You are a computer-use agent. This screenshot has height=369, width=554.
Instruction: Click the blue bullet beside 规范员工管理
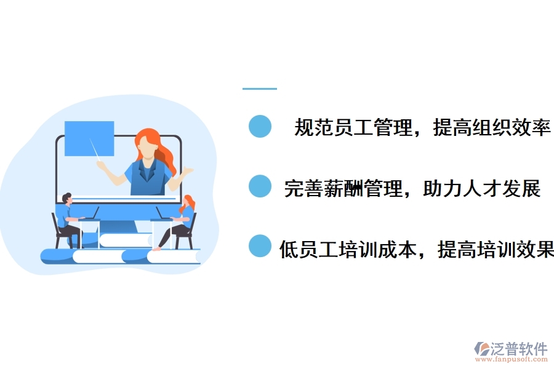260,126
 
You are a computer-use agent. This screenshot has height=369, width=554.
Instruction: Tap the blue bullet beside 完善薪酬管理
260,186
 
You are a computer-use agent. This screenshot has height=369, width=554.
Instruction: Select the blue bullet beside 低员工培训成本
260,246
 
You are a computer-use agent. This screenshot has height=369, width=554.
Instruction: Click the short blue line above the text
259,89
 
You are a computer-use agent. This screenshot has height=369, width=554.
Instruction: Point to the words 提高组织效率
492,128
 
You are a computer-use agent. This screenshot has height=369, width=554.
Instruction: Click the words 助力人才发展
482,188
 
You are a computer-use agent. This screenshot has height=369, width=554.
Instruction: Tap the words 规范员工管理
352,128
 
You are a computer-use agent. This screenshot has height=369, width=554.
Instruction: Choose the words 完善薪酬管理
343,188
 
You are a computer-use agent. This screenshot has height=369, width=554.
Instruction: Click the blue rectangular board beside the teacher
89,138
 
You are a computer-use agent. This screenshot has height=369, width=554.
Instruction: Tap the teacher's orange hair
161,148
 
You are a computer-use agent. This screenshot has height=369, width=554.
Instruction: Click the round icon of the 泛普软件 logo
481,349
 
